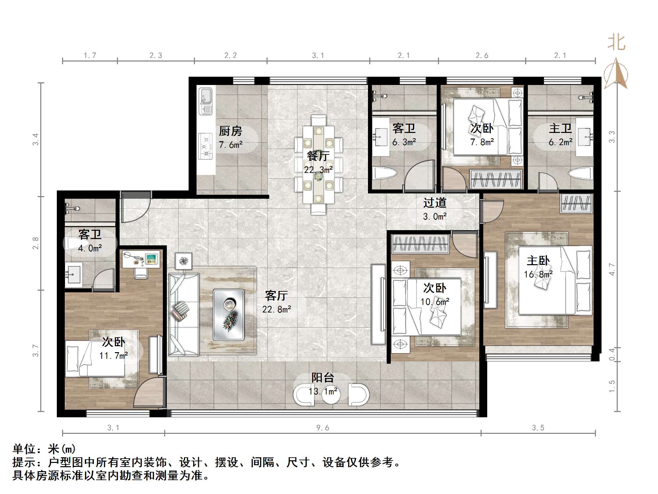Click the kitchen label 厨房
point(230,131)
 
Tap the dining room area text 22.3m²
point(318,170)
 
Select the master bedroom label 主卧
point(538,261)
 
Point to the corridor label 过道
point(435,202)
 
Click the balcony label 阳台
point(323,377)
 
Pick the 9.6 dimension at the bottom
point(322,428)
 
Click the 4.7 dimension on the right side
point(612,269)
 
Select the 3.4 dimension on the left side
point(36,139)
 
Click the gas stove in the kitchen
point(205,146)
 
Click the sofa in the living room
point(184,314)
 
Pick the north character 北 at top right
point(616,43)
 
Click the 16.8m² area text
point(538,274)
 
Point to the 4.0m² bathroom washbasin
point(73,274)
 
